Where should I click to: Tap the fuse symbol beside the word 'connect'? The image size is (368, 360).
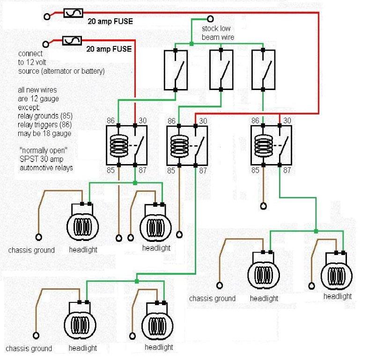73,42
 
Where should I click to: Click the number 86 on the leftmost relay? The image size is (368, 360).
110,120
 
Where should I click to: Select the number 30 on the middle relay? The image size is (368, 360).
203,121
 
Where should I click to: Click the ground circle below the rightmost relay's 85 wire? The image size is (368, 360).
263,206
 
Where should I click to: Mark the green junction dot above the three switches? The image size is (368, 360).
191,45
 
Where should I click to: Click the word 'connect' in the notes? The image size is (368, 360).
30,53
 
